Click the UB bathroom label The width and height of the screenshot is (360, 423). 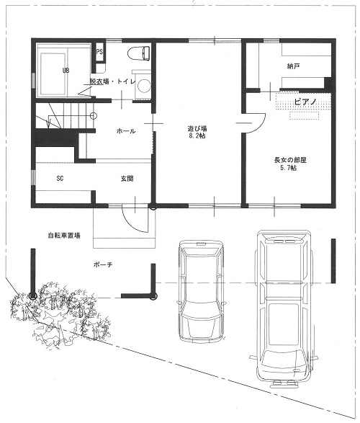point(66,71)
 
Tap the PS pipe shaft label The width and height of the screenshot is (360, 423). point(99,52)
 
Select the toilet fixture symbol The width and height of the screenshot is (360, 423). point(138,53)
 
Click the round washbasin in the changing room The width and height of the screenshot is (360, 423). point(143,86)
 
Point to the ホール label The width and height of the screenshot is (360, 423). point(126,131)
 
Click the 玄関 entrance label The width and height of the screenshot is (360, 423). point(127,179)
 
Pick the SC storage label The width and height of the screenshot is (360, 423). point(60,178)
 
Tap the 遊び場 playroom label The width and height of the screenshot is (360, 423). point(197,128)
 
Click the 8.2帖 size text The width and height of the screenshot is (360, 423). point(197,135)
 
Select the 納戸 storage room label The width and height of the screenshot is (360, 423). point(294,66)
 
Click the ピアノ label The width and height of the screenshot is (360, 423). point(305,102)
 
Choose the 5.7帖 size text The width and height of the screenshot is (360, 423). point(289,168)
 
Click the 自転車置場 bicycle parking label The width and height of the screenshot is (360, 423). point(64,235)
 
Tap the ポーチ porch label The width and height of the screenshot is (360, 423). point(103,264)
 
